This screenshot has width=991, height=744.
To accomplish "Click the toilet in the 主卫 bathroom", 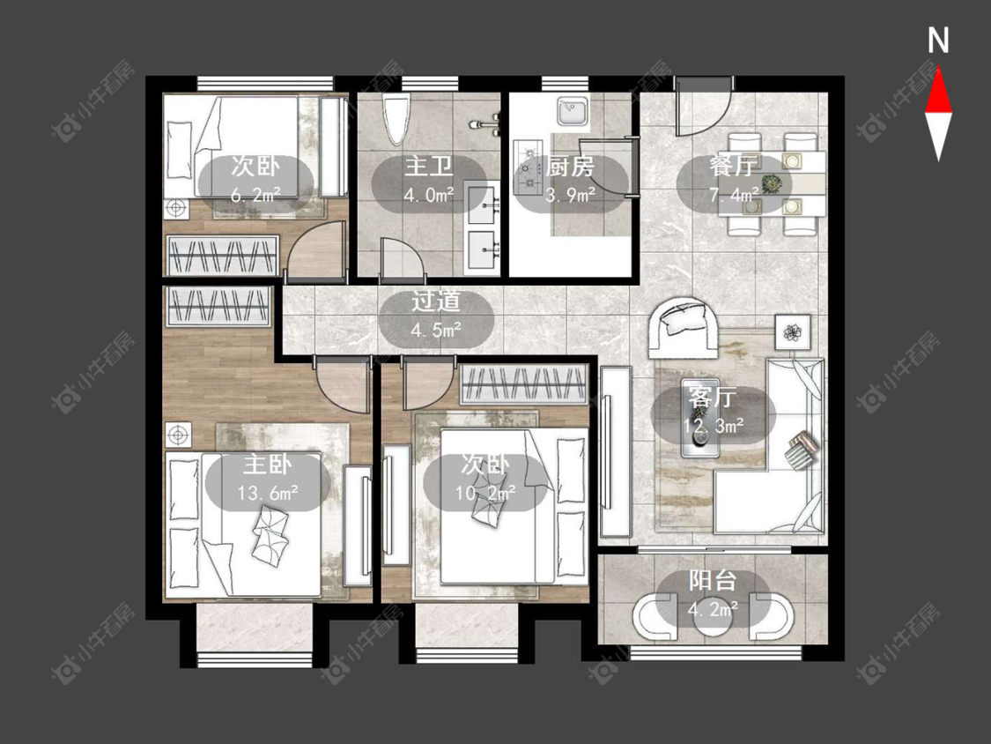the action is pos(397,120).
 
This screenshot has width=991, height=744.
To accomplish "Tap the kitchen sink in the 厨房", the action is pos(573,113).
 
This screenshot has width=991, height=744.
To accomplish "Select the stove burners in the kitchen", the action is pos(527,167).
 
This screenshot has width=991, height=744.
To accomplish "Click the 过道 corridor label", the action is pos(435,301).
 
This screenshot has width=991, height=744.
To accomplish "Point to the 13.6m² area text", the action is pos(268,493).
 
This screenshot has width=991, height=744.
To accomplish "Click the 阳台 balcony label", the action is pos(713,581).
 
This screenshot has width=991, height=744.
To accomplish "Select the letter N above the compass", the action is pos(938,41).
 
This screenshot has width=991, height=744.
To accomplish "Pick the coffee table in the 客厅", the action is pos(700,418).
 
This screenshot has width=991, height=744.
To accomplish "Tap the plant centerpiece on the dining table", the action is pos(771,184).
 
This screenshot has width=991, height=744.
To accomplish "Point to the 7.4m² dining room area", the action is pos(734,195).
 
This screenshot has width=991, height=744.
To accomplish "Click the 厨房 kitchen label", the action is pos(570,167).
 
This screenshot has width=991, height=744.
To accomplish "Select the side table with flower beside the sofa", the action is pos(793,331).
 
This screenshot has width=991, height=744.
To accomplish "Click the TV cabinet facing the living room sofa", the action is pos(616,451).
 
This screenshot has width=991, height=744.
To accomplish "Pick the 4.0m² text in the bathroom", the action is pos(429,195).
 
